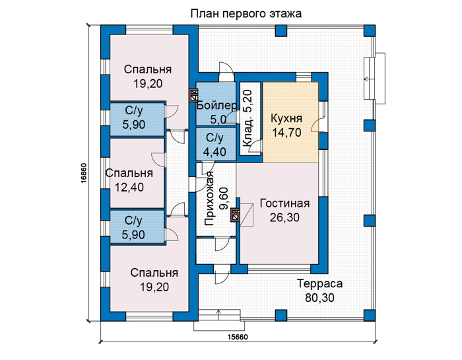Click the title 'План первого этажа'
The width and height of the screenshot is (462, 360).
(246, 14)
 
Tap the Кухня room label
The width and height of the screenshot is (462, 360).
(286, 118)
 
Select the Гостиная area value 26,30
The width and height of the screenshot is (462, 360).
(284, 217)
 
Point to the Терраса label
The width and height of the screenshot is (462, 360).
(319, 283)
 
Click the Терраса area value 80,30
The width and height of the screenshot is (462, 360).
(319, 298)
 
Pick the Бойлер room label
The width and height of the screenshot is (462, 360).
(217, 106)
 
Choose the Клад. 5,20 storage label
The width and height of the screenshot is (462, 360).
(247, 118)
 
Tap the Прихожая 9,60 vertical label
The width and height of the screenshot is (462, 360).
(216, 198)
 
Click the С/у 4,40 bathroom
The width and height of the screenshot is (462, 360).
(216, 145)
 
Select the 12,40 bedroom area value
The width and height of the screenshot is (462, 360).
(129, 187)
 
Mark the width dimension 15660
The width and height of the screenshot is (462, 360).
(238, 337)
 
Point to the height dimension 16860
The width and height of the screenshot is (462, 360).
(83, 174)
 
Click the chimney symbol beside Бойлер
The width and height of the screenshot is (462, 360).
(193, 95)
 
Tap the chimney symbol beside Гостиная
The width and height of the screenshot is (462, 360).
(236, 215)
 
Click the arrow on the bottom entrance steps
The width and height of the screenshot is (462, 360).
(218, 315)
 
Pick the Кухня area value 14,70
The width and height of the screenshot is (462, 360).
(286, 133)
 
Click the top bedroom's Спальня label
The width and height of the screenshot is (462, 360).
(148, 69)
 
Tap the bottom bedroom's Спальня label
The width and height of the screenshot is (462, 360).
(154, 273)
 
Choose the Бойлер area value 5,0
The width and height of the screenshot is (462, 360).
(218, 120)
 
